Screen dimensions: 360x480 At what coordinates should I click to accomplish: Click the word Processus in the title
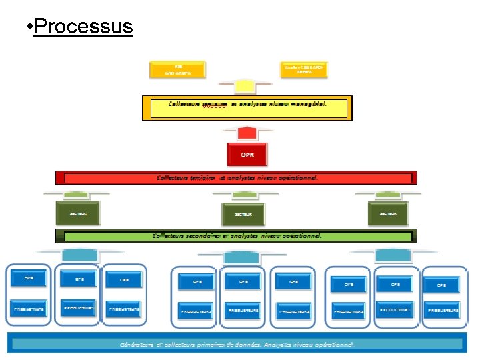(x=83, y=27)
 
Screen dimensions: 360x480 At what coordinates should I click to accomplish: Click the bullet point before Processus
(x=26, y=28)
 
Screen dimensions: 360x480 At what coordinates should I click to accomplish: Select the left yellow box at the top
(x=178, y=69)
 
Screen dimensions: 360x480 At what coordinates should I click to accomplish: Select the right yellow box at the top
(x=307, y=69)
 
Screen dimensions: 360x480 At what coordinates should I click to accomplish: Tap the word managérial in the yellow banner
(x=303, y=104)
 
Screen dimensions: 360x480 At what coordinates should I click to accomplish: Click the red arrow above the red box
(x=247, y=133)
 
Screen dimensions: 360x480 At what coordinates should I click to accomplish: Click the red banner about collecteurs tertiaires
(x=236, y=178)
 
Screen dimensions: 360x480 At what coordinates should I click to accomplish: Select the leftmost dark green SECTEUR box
(x=77, y=213)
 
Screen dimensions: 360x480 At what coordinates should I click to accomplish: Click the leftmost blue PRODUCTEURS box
(x=29, y=309)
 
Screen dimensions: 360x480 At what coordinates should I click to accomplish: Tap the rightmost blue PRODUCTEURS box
(x=443, y=311)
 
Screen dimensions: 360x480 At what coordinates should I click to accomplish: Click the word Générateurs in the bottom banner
(x=137, y=345)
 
